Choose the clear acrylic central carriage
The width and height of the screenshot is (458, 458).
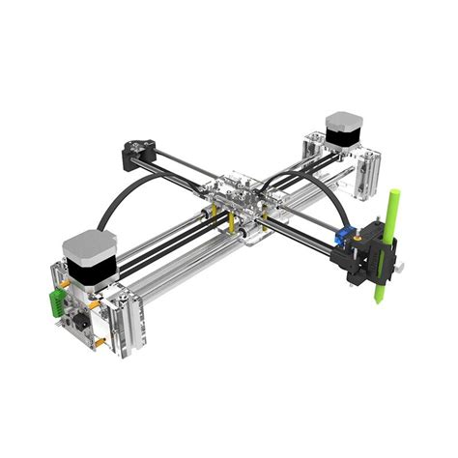[x=236, y=193]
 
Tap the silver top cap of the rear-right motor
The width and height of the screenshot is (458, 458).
[x=342, y=120]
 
